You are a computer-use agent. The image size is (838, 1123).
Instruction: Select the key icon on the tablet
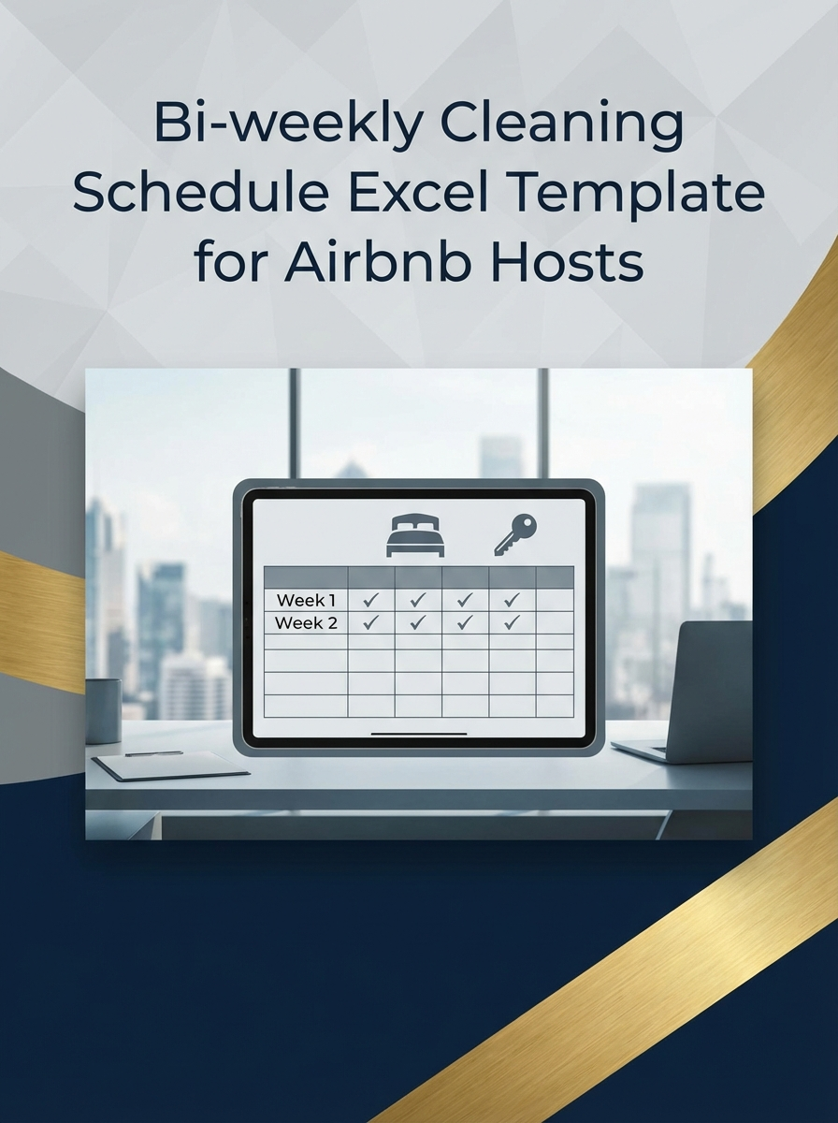pyautogui.click(x=515, y=536)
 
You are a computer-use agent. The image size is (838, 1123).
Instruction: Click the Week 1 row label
pyautogui.click(x=306, y=600)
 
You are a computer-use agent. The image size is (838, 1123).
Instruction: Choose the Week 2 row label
pyautogui.click(x=306, y=623)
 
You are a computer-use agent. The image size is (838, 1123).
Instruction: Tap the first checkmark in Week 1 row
pyautogui.click(x=371, y=600)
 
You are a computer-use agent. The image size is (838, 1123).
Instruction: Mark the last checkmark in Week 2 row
pyautogui.click(x=512, y=622)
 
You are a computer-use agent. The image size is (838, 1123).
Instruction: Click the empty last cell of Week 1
pyautogui.click(x=555, y=600)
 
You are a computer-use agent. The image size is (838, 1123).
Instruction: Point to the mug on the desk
pyautogui.click(x=103, y=710)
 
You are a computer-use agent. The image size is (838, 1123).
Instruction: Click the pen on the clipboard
pyautogui.click(x=154, y=753)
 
